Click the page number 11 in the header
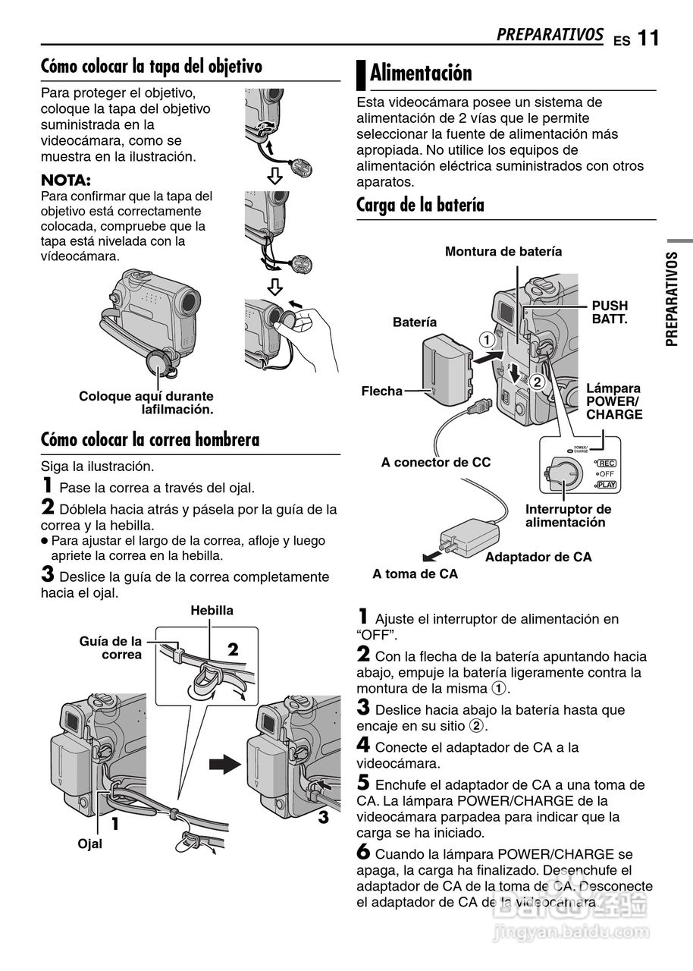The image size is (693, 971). (x=648, y=38)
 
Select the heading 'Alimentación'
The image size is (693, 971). (x=421, y=74)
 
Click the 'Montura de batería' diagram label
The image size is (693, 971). (x=503, y=251)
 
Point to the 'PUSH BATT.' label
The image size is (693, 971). (x=610, y=313)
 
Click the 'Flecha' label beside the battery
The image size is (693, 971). (x=381, y=391)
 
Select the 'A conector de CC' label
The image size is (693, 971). (x=436, y=462)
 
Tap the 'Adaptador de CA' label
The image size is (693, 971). (x=538, y=557)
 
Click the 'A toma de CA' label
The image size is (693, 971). (x=415, y=574)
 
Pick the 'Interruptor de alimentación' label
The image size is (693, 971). (x=568, y=516)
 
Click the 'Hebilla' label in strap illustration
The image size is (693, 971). (x=212, y=611)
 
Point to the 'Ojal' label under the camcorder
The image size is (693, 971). (x=89, y=844)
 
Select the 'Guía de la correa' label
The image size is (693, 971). (x=111, y=648)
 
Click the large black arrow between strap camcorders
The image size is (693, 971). (x=224, y=763)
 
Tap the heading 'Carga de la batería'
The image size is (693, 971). (x=420, y=205)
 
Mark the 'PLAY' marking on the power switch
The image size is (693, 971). (x=607, y=484)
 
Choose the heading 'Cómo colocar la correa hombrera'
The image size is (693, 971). (x=150, y=439)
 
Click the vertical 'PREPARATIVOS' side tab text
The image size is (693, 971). (x=673, y=299)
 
